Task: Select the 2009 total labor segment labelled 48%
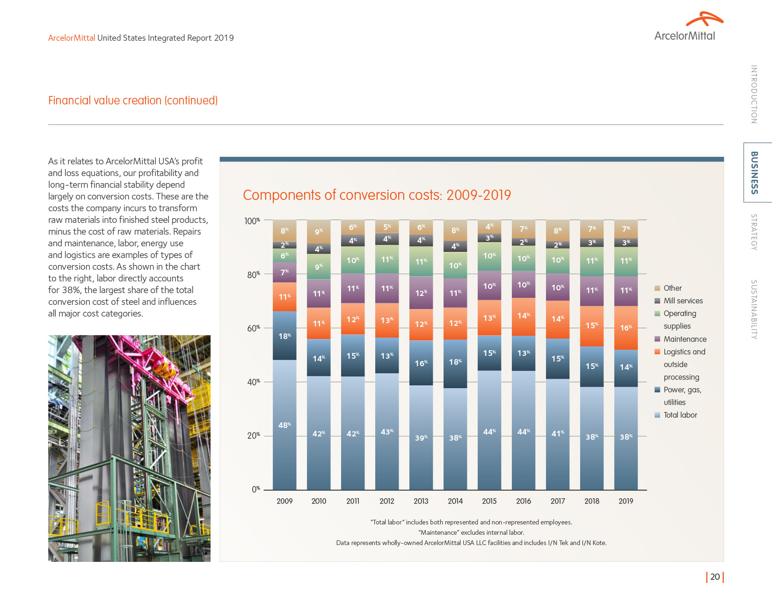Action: pos(284,425)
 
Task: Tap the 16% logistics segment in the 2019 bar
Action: pos(626,328)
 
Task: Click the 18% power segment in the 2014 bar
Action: pos(455,363)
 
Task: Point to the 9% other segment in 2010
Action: pos(319,232)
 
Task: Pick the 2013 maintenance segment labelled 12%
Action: pos(421,293)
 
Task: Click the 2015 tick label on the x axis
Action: pos(489,501)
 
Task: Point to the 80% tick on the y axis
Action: pos(254,275)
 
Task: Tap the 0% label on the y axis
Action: pos(255,489)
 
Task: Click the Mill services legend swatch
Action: pos(657,301)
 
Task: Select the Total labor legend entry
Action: pos(680,415)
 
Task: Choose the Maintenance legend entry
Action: pos(685,339)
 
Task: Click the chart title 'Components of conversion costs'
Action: pos(377,195)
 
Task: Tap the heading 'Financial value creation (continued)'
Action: pos(133,101)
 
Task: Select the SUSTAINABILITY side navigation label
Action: pos(754,310)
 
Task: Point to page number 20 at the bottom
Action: pos(715,577)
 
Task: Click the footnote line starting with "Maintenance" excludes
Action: pos(471,532)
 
